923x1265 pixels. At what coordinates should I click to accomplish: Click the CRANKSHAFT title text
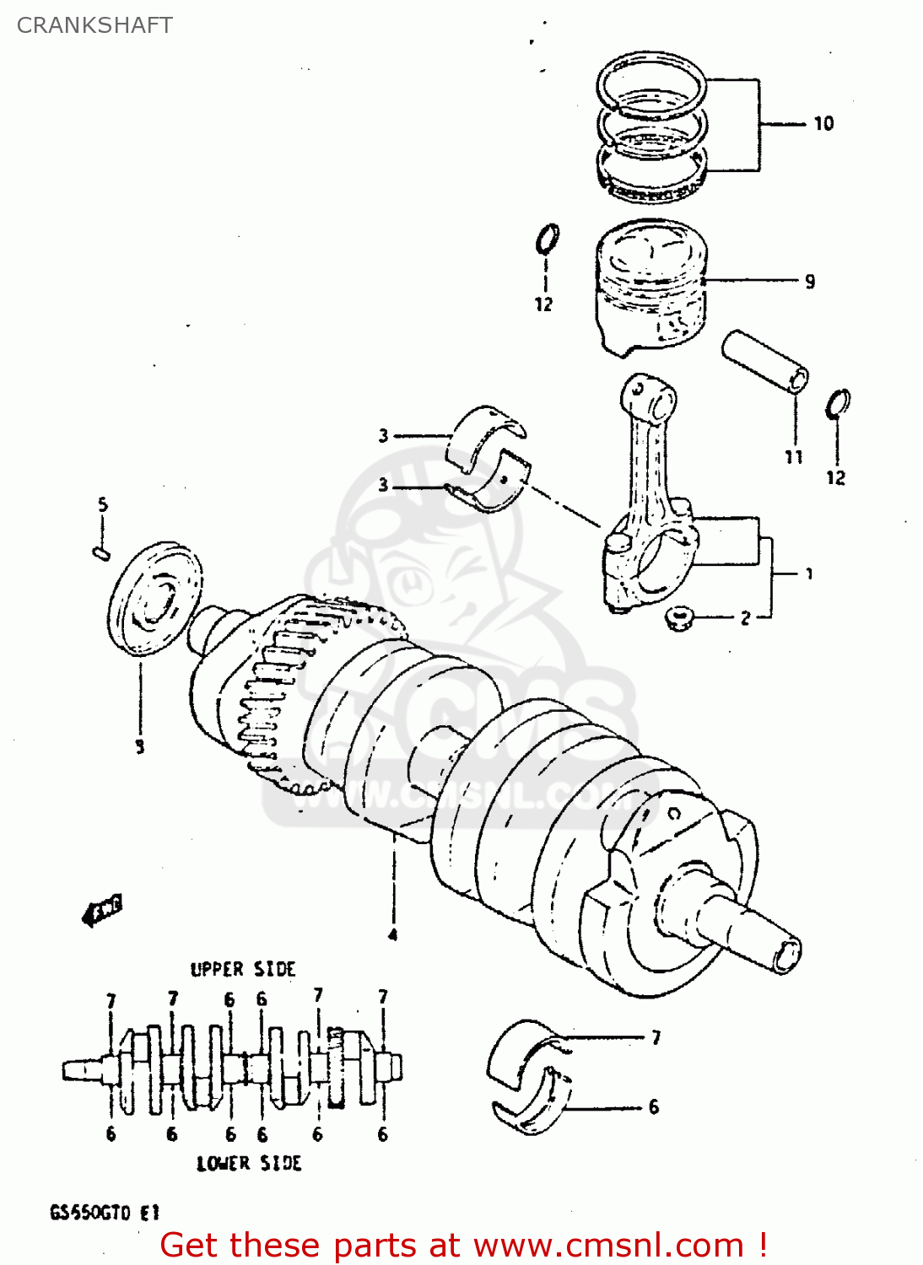[94, 25]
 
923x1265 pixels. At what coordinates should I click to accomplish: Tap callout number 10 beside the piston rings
[823, 124]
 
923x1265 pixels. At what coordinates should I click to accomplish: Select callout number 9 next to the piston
[810, 282]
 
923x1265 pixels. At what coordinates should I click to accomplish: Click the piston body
[650, 291]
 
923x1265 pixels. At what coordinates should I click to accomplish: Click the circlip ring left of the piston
[548, 239]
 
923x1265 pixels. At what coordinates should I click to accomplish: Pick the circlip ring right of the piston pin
[838, 404]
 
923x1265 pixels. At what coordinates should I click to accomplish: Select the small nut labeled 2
[679, 619]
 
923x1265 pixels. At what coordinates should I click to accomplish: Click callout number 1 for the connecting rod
[809, 574]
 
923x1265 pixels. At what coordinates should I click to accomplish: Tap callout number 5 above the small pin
[102, 505]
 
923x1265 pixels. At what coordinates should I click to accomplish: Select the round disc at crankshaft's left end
[156, 598]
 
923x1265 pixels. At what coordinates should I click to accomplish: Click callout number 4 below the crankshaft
[392, 934]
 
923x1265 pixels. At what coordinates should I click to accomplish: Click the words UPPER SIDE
[243, 969]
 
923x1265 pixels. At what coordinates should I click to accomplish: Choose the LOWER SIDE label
[249, 1164]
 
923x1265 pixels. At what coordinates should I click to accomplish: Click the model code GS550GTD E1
[104, 1214]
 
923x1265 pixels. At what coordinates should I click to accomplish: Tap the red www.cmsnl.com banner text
[463, 1246]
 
